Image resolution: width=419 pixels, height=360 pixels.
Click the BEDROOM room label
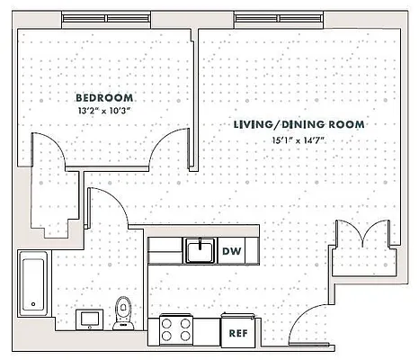point(104,97)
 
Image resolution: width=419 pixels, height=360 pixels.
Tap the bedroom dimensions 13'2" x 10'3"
point(104,111)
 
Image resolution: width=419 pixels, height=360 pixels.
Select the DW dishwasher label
point(230,252)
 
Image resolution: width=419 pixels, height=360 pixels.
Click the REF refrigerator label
point(237,332)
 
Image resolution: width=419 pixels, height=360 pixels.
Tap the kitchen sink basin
point(200,249)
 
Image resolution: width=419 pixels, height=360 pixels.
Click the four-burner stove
point(176,330)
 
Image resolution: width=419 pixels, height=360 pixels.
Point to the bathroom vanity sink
point(90,317)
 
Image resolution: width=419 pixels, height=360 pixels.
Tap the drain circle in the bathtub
point(33,303)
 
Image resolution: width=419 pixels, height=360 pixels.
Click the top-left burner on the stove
point(167,323)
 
